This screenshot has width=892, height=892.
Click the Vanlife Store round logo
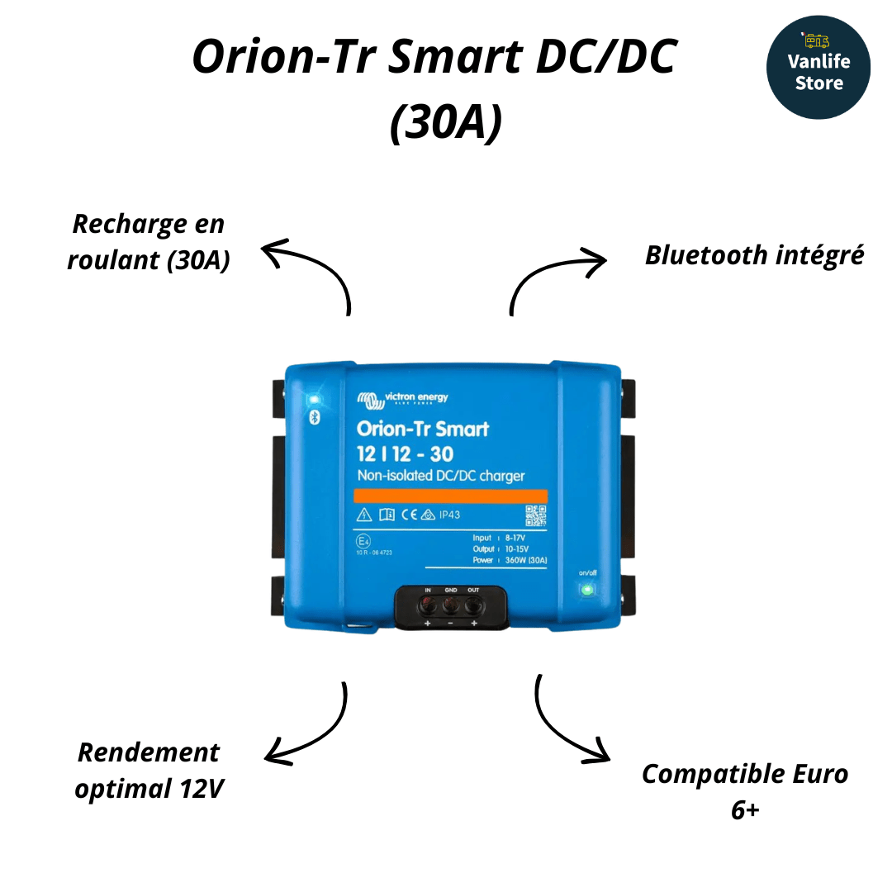coord(818,68)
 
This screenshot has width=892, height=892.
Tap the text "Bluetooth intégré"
coord(754,255)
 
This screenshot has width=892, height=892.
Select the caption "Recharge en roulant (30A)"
coord(149,241)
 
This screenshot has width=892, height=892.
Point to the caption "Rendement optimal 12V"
coord(149,770)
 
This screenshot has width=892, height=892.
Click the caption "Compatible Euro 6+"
coord(745,791)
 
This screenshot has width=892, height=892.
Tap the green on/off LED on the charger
coord(586,590)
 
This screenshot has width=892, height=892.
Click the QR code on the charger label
coord(536,516)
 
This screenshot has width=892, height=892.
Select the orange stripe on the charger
coord(451,496)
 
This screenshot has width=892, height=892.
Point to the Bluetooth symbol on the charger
coord(314,418)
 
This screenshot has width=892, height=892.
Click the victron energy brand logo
coord(403,399)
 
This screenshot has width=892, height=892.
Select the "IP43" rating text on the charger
coord(449,515)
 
